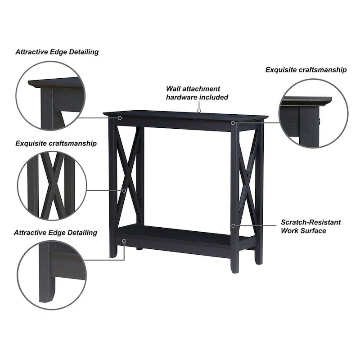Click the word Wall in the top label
pyautogui.click(x=174, y=89)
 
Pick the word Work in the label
pyautogui.click(x=290, y=230)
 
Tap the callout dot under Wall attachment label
pyautogui.click(x=198, y=109)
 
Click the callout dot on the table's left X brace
pyautogui.click(x=125, y=190)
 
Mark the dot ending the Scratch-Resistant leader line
pyautogui.click(x=233, y=225)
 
